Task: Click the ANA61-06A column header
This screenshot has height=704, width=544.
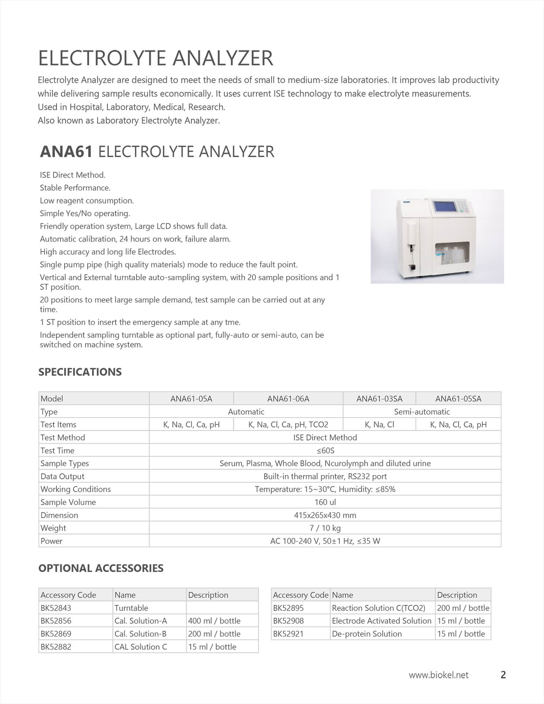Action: [288, 399]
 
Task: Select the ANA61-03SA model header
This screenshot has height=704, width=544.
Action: [379, 399]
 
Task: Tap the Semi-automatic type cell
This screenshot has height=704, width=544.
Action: [422, 412]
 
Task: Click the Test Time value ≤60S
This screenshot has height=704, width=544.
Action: [325, 451]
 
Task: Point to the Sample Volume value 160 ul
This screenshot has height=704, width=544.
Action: [325, 502]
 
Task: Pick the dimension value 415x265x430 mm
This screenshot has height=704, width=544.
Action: [325, 515]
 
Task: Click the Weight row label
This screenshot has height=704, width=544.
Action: [54, 528]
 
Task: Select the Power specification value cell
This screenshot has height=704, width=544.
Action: [325, 541]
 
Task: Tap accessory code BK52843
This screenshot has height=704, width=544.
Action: [56, 608]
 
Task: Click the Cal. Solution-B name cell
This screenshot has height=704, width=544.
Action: [141, 634]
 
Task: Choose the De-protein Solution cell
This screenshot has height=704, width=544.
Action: [367, 634]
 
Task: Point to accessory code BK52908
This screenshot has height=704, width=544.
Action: [288, 621]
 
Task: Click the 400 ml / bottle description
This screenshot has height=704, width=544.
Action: [214, 621]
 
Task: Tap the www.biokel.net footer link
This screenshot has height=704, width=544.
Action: [438, 675]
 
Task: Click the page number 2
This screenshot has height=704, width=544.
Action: [503, 675]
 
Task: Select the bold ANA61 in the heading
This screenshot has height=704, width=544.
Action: [66, 152]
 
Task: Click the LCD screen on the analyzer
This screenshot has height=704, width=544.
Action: [445, 206]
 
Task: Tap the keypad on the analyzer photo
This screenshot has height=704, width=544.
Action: [463, 205]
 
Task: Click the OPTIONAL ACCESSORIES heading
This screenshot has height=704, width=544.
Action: [101, 568]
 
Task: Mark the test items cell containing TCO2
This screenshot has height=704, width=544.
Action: [288, 425]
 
